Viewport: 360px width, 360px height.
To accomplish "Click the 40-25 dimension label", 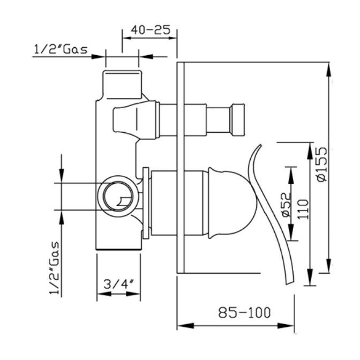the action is pos(151,30).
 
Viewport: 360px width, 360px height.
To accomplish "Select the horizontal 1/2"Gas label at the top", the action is pos(61,49).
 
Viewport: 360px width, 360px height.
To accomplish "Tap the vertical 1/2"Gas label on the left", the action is pos(55,268).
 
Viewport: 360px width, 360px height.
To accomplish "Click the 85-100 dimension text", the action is pos(244,312).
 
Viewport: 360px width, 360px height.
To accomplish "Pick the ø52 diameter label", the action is pos(286,205).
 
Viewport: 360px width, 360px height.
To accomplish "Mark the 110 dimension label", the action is pos(303,209).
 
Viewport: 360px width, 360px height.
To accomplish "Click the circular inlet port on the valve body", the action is pos(118,196).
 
